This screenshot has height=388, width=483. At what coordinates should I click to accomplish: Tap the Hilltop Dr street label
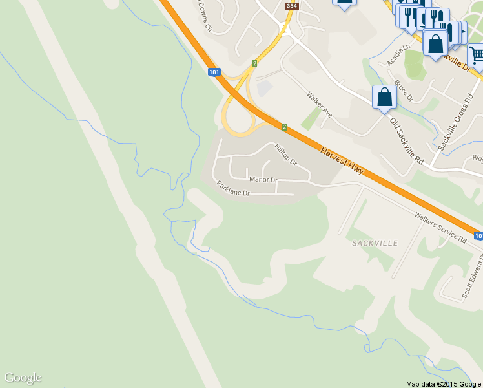tap(285, 154)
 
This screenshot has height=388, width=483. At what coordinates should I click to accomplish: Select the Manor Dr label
tap(263, 179)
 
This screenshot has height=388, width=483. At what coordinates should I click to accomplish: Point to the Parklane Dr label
tap(233, 188)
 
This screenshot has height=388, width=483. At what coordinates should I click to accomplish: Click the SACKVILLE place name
tap(375, 242)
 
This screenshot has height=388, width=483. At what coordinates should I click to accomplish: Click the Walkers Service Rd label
tap(440, 227)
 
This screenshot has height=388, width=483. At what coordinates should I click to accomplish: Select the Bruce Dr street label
tap(404, 91)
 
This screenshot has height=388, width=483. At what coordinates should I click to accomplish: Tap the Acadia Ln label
tap(398, 56)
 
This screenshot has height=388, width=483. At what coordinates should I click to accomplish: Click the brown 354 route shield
tap(292, 6)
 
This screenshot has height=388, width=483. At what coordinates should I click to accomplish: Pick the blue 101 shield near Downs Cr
tap(214, 72)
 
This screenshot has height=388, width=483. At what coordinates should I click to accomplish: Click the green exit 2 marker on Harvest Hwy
tap(283, 125)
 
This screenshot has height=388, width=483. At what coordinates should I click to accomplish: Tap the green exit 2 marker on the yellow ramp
tap(255, 63)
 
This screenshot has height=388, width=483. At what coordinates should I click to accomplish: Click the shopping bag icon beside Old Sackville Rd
tap(385, 98)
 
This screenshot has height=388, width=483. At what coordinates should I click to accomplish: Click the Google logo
tap(23, 378)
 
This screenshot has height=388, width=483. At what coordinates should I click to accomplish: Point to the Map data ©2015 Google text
tap(443, 383)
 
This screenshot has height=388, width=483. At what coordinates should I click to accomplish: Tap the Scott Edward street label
tap(473, 278)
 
